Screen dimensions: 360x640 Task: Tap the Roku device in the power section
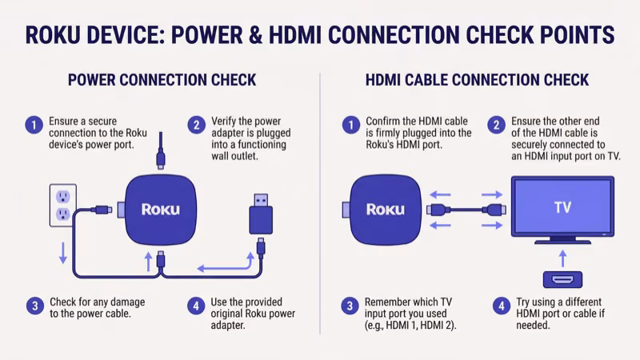pos(161,210)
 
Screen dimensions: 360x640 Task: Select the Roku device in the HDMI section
pos(385,209)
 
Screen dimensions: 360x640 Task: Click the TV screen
pos(562,206)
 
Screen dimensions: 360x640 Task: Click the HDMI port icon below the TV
pos(562,279)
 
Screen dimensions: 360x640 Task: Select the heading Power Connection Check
pos(162,80)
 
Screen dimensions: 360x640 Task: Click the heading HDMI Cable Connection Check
pos(477,80)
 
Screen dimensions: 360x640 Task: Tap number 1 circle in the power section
pos(34,125)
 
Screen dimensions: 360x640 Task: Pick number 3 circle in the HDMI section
pos(349,305)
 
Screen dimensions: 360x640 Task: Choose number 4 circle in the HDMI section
pos(498,305)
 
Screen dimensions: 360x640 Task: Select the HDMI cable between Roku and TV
pos(467,210)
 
